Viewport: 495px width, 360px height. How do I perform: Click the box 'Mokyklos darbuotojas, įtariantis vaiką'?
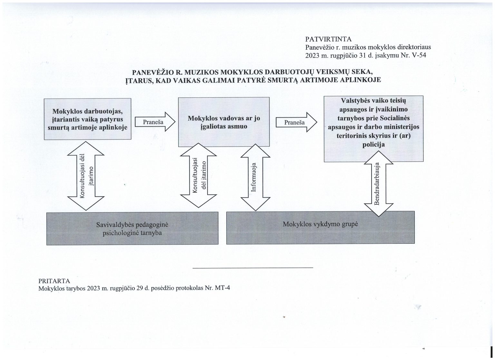point(87,119)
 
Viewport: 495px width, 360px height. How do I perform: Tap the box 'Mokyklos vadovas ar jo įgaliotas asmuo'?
point(224,122)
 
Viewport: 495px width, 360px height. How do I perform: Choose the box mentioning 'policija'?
point(374,128)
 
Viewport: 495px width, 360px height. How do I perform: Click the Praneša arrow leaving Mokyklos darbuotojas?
point(154,122)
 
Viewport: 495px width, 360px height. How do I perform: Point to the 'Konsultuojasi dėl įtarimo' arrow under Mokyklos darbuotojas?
point(85,176)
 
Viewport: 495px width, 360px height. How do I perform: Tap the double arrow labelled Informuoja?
point(255,177)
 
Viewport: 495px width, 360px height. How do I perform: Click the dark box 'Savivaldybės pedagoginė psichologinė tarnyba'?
point(132,228)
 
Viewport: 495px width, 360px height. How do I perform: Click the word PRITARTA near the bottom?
point(54,280)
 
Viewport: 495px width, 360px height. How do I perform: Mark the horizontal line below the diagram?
point(253,268)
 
